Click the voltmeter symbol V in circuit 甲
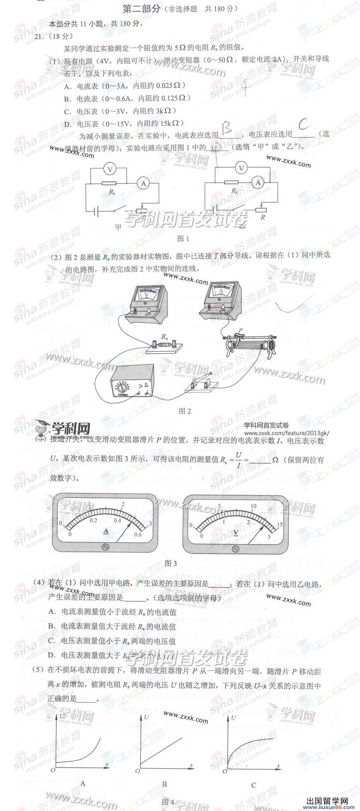(110, 169)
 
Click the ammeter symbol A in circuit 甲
(143, 183)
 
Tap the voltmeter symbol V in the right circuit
(241, 168)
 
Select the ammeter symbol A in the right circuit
(258, 183)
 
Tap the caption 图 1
(183, 239)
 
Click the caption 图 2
(185, 411)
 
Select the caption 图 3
(171, 563)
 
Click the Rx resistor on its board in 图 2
(164, 344)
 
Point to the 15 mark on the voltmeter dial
(280, 524)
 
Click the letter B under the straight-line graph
(164, 785)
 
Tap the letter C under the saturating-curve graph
(254, 785)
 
